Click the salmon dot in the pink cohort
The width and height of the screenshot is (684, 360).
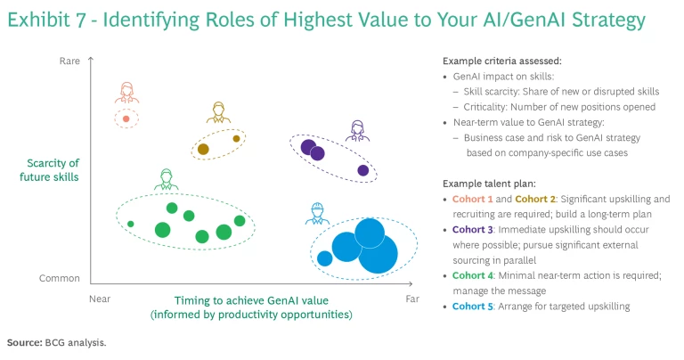[126, 119]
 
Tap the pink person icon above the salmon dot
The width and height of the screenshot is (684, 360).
[127, 93]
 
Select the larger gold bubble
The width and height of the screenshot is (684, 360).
[203, 149]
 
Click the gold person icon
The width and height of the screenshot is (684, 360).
[218, 112]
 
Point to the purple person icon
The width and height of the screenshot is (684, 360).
[358, 131]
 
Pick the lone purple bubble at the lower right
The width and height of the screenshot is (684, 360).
[363, 170]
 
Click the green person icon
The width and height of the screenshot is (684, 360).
[167, 179]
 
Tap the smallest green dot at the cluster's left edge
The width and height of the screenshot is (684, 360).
[130, 224]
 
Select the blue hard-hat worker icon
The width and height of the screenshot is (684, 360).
[317, 214]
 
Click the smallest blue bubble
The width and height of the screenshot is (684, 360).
[324, 258]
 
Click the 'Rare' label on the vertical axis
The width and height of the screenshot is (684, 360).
[69, 61]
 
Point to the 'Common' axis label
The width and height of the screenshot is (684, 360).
[60, 278]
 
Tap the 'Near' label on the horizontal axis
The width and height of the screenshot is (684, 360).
[100, 299]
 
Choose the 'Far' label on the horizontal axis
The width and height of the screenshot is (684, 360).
[412, 299]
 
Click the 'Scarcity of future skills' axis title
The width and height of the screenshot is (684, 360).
[49, 169]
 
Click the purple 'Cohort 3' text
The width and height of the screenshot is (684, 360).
[472, 230]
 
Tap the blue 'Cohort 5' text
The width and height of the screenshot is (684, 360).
[472, 307]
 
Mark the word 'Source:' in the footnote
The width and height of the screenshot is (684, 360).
[25, 342]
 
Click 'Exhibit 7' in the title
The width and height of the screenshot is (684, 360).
[46, 20]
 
